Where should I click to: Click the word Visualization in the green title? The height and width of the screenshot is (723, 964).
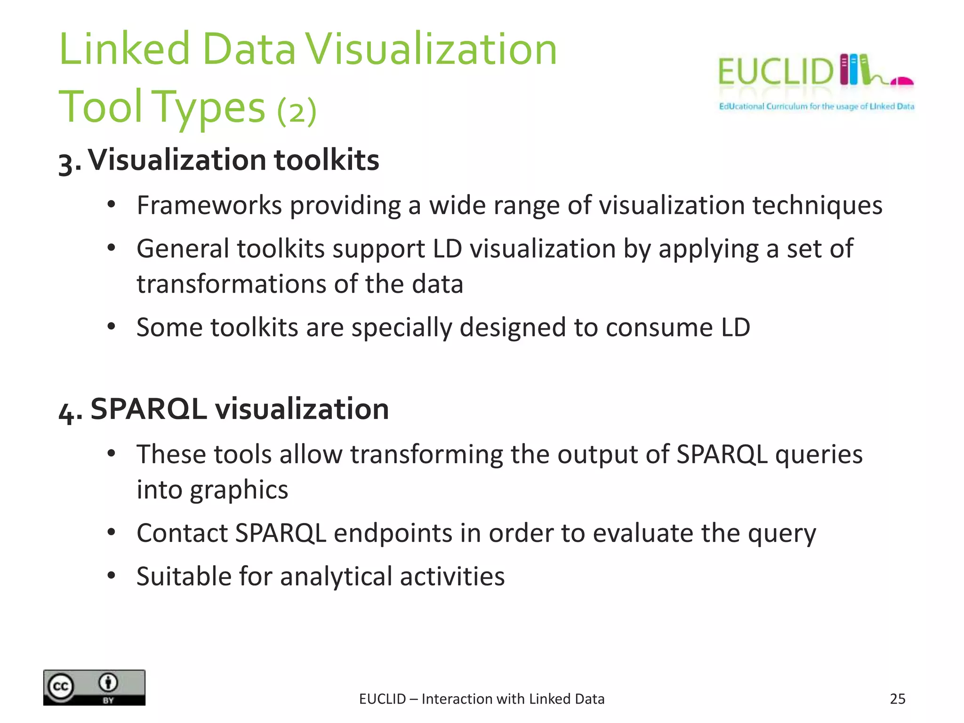431,49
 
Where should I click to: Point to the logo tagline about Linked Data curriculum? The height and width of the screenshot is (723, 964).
816,106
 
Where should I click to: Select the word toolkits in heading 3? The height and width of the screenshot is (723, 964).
326,160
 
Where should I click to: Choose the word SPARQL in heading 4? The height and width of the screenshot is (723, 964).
148,409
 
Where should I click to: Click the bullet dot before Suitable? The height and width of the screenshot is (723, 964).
111,575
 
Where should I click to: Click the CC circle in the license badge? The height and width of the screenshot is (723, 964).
60,687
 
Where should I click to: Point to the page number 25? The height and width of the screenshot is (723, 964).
897,699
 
